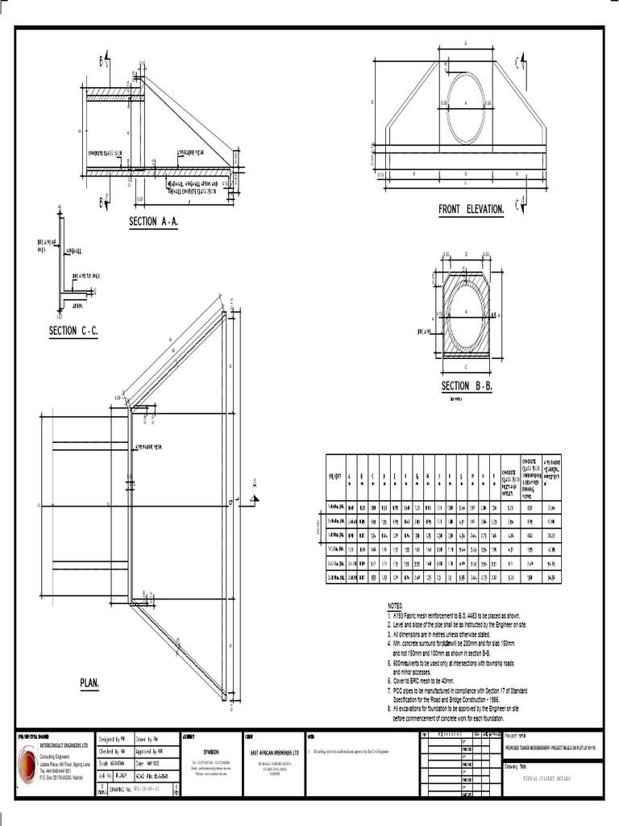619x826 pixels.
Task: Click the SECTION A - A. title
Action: tap(164, 222)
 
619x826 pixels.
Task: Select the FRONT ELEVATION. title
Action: tap(472, 210)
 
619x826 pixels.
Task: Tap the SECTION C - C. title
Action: tap(73, 331)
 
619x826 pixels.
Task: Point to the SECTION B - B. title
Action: tap(467, 386)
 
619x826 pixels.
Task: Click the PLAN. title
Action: tap(89, 683)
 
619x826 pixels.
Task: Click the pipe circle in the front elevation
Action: tap(467, 106)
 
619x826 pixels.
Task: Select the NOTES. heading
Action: tap(400, 604)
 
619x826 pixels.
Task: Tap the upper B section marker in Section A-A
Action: tap(104, 60)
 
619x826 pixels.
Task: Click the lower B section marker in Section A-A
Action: tap(104, 202)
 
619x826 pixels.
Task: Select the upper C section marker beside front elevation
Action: tap(523, 61)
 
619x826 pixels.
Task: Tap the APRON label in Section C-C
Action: tap(78, 306)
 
